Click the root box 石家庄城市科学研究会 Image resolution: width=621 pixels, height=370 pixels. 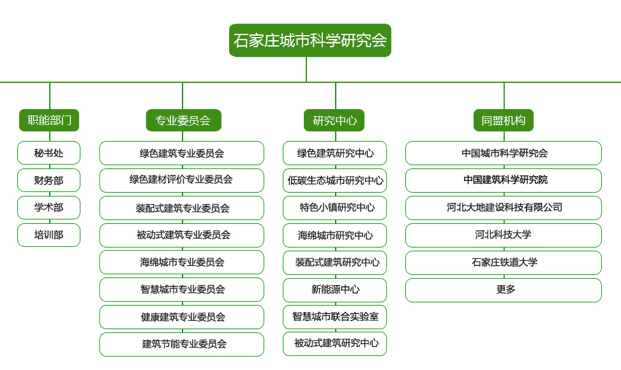pyautogui.click(x=310, y=40)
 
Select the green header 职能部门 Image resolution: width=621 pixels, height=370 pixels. pyautogui.click(x=49, y=121)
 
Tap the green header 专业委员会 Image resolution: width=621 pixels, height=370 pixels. pyautogui.click(x=184, y=121)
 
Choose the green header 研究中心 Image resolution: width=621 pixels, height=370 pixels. pyautogui.click(x=334, y=121)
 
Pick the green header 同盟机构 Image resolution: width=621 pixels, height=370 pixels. pyautogui.click(x=504, y=121)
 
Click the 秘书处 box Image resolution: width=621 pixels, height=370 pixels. pyautogui.click(x=49, y=152)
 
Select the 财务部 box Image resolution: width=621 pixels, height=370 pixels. pyautogui.click(x=49, y=181)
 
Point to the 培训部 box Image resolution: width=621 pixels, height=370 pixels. pyautogui.click(x=49, y=235)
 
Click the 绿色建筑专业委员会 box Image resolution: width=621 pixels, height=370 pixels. pyautogui.click(x=182, y=153)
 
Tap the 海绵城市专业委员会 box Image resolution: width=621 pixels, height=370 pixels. pyautogui.click(x=182, y=262)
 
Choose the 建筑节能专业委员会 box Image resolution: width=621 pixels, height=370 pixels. pyautogui.click(x=182, y=344)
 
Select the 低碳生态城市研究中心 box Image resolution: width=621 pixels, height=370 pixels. pyautogui.click(x=334, y=181)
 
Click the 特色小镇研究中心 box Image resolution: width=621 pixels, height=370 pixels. pyautogui.click(x=334, y=208)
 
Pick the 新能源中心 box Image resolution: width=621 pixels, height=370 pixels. pyautogui.click(x=334, y=290)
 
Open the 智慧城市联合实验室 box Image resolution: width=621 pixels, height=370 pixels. pyautogui.click(x=334, y=317)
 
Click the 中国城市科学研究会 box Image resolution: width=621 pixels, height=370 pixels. pyautogui.click(x=504, y=153)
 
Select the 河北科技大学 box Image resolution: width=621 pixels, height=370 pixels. pyautogui.click(x=504, y=235)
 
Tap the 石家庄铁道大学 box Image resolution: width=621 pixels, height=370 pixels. pyautogui.click(x=504, y=262)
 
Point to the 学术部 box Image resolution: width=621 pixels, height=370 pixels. pyautogui.click(x=49, y=207)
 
